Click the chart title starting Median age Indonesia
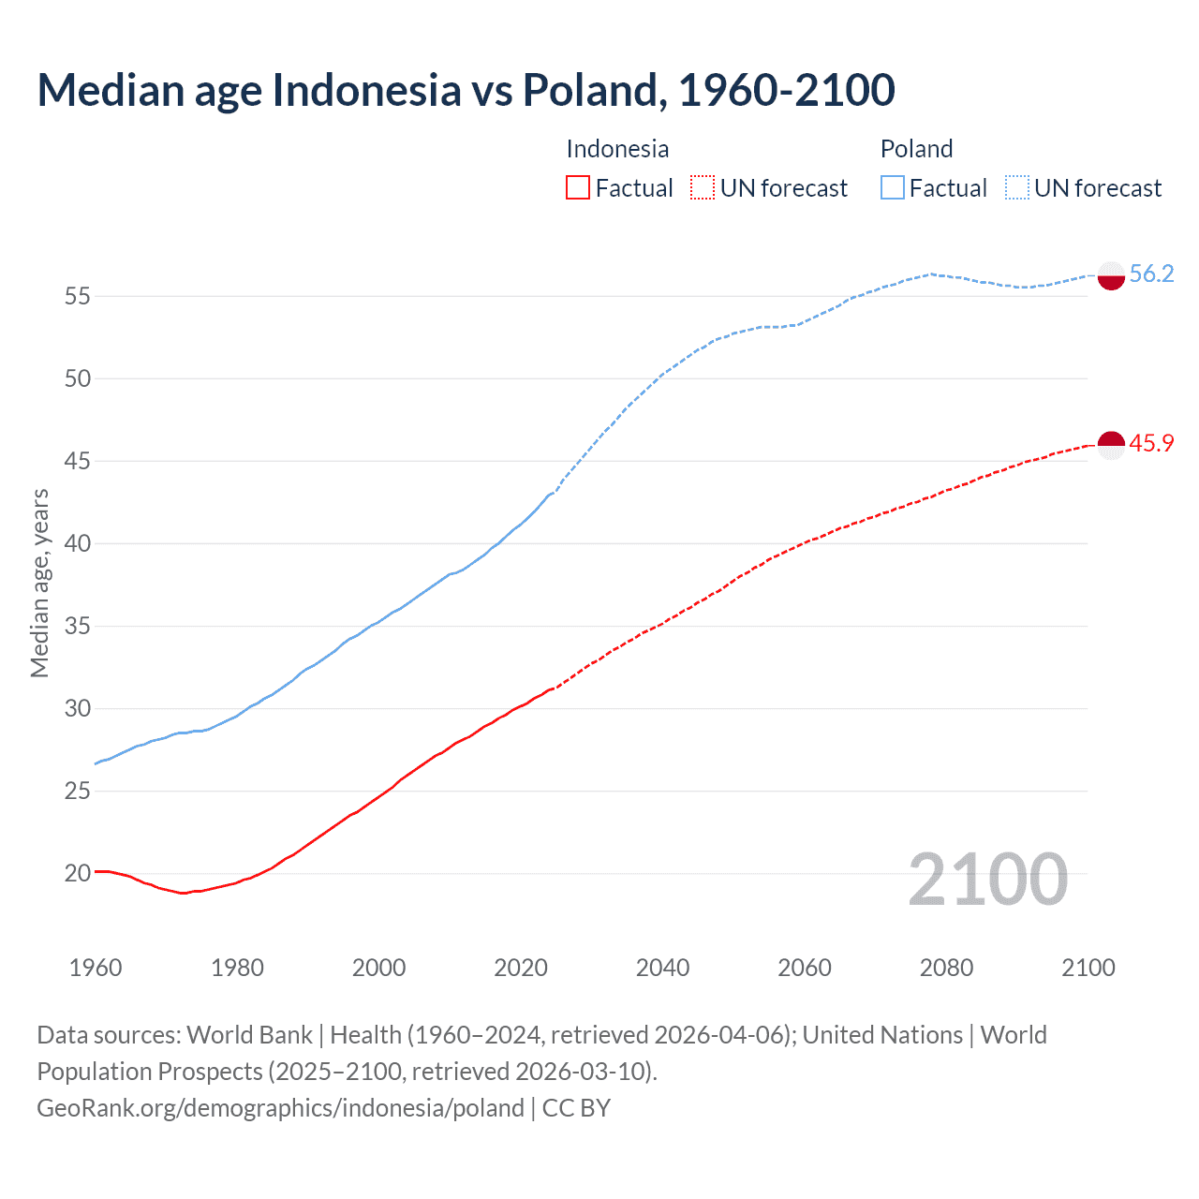pos(466,91)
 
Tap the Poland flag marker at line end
pos(1110,276)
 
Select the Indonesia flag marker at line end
pos(1110,445)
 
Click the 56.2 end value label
pos(1151,274)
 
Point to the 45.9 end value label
pos(1151,443)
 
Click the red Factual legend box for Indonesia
pos(578,188)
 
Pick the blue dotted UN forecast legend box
pos(1017,188)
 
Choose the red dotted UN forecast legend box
pos(703,188)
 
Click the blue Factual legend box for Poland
pos(893,188)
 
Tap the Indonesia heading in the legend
pos(617,149)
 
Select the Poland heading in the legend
pos(916,149)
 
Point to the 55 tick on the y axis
pos(78,296)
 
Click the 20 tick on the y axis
pos(78,873)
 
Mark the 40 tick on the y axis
pos(78,543)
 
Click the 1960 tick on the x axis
pos(96,968)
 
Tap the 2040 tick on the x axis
pos(662,968)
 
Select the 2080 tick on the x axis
pos(946,968)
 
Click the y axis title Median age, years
pos(39,583)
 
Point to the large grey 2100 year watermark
pos(987,879)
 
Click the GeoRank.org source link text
pos(280,1108)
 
